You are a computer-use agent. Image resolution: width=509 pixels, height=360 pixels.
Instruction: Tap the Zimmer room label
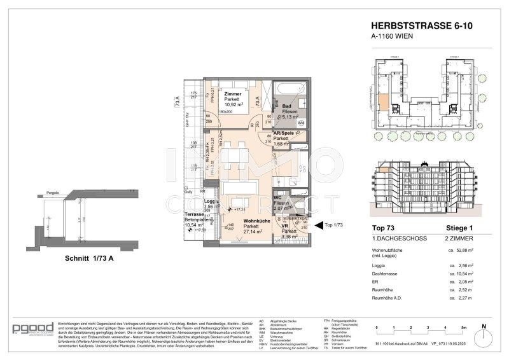tap(233, 93)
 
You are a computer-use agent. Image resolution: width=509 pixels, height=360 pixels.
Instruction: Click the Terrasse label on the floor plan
tap(194, 215)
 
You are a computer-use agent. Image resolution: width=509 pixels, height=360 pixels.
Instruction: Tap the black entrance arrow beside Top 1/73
tap(318, 225)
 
